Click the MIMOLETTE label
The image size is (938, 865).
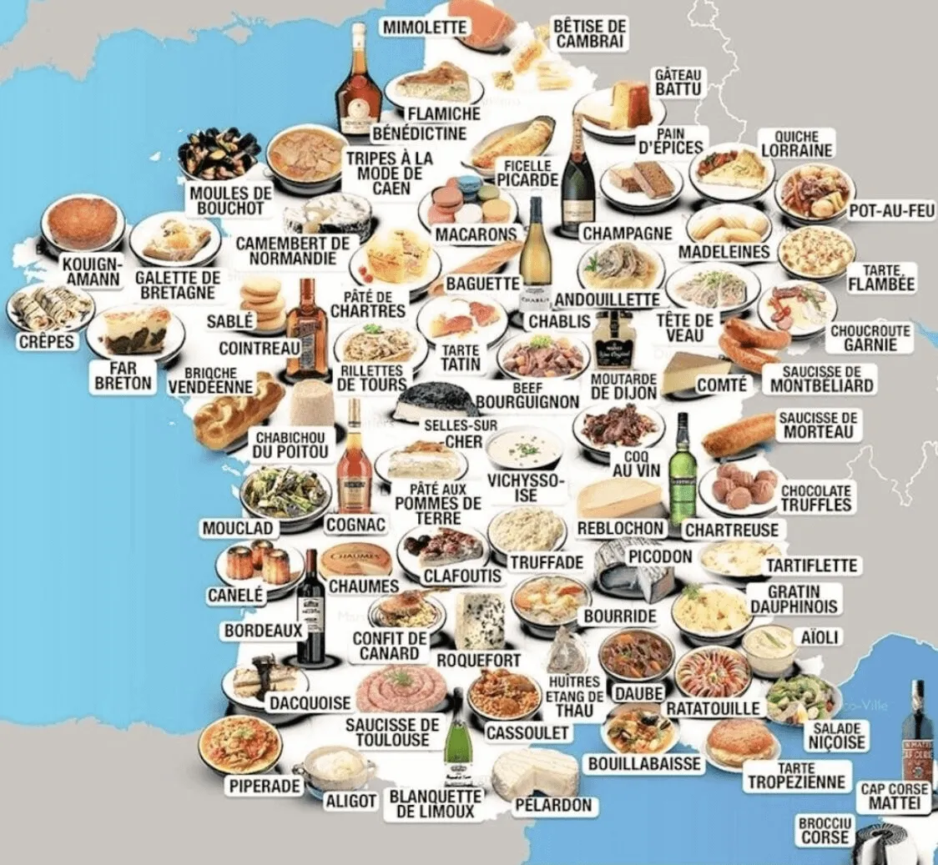pyautogui.click(x=423, y=27)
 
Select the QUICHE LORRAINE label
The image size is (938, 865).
pyautogui.click(x=796, y=143)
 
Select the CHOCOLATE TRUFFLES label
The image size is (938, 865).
pyautogui.click(x=815, y=498)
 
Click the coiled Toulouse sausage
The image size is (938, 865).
pyautogui.click(x=397, y=690)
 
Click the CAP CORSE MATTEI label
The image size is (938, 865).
pyautogui.click(x=894, y=796)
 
